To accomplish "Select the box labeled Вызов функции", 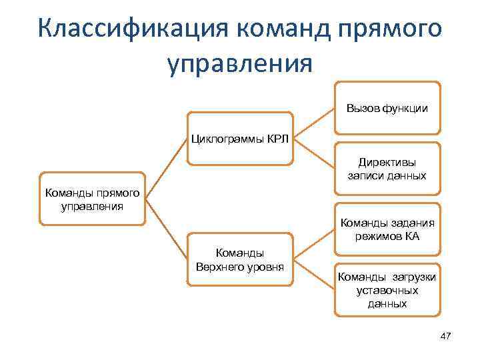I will (387, 108).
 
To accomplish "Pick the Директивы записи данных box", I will (387, 169).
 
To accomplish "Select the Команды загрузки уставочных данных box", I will (387, 290).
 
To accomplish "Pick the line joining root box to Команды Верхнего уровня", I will (167, 230).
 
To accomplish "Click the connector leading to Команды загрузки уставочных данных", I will (313, 275).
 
